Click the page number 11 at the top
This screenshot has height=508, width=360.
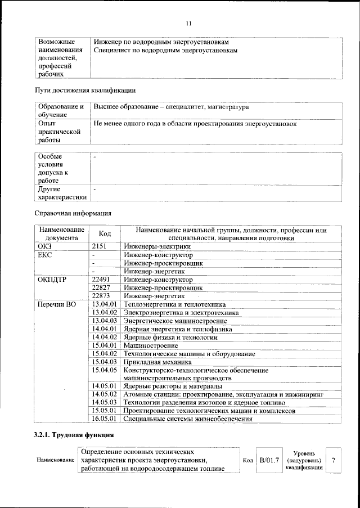[188, 23]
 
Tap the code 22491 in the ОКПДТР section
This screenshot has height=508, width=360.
[103, 279]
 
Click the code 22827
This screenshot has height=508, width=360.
[103, 287]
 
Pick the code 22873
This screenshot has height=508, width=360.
[103, 295]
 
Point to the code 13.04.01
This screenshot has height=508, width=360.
[104, 304]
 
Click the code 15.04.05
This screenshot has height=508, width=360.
[104, 370]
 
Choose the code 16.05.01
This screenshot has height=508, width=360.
[104, 419]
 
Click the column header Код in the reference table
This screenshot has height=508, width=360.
[105, 233]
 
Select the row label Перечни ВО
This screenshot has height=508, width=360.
[56, 304]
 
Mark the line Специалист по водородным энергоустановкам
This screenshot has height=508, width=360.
[165, 51]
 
